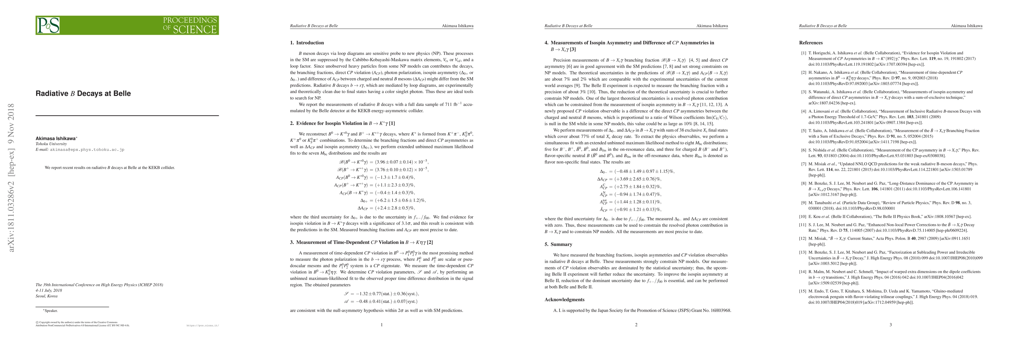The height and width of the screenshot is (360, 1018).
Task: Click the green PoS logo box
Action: click(x=127, y=25)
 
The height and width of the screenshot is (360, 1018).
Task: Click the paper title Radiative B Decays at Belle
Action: click(x=83, y=94)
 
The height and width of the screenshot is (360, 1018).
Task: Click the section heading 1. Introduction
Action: click(x=307, y=43)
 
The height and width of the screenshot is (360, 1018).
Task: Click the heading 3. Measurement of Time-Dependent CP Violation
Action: click(x=361, y=242)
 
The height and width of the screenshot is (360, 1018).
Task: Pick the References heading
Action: click(x=811, y=43)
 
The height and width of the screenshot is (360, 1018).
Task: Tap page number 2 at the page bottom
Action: click(x=636, y=325)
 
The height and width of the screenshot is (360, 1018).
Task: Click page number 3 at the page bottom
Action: click(x=890, y=325)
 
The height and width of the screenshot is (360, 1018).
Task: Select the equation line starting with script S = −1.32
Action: click(x=381, y=294)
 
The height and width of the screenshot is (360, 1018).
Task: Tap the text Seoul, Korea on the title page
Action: click(x=47, y=296)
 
